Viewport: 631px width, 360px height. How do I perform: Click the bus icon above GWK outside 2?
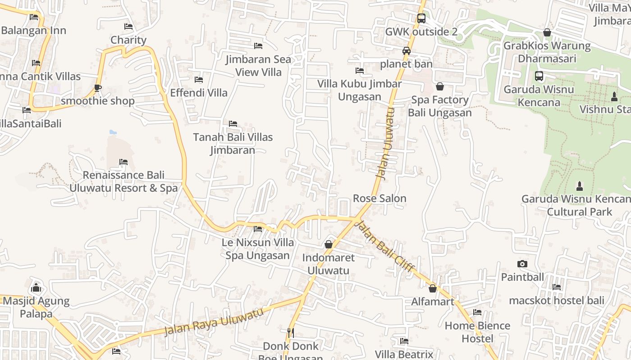pyautogui.click(x=421, y=18)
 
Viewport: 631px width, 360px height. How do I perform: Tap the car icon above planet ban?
pyautogui.click(x=407, y=51)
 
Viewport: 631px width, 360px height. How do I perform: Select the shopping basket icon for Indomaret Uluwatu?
pyautogui.click(x=329, y=244)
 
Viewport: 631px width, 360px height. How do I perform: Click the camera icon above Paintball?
pyautogui.click(x=522, y=264)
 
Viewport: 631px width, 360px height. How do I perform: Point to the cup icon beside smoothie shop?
pyautogui.click(x=98, y=88)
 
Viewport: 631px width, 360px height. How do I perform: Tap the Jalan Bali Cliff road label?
pyautogui.click(x=385, y=246)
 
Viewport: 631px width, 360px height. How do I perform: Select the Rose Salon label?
pyautogui.click(x=380, y=198)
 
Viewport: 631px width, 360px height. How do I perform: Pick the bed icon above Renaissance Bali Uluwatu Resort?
pyautogui.click(x=123, y=162)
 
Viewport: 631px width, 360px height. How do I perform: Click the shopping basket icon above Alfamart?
pyautogui.click(x=433, y=288)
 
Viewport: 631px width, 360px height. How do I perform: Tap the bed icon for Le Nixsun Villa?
pyautogui.click(x=258, y=229)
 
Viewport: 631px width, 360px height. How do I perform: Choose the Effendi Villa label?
pyautogui.click(x=199, y=93)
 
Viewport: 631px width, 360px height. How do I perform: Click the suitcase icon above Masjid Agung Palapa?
pyautogui.click(x=36, y=288)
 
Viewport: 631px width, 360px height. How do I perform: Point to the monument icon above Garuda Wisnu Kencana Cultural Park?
pyautogui.click(x=580, y=186)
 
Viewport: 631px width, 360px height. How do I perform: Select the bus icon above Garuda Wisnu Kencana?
pyautogui.click(x=539, y=76)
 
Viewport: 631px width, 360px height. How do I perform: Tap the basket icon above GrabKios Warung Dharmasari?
pyautogui.click(x=547, y=32)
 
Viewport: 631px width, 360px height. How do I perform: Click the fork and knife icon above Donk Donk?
pyautogui.click(x=291, y=333)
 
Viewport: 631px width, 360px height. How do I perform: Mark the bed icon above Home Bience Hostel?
pyautogui.click(x=477, y=312)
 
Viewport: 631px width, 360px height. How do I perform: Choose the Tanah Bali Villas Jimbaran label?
pyautogui.click(x=233, y=144)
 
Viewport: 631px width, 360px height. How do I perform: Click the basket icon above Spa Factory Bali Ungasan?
pyautogui.click(x=440, y=86)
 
